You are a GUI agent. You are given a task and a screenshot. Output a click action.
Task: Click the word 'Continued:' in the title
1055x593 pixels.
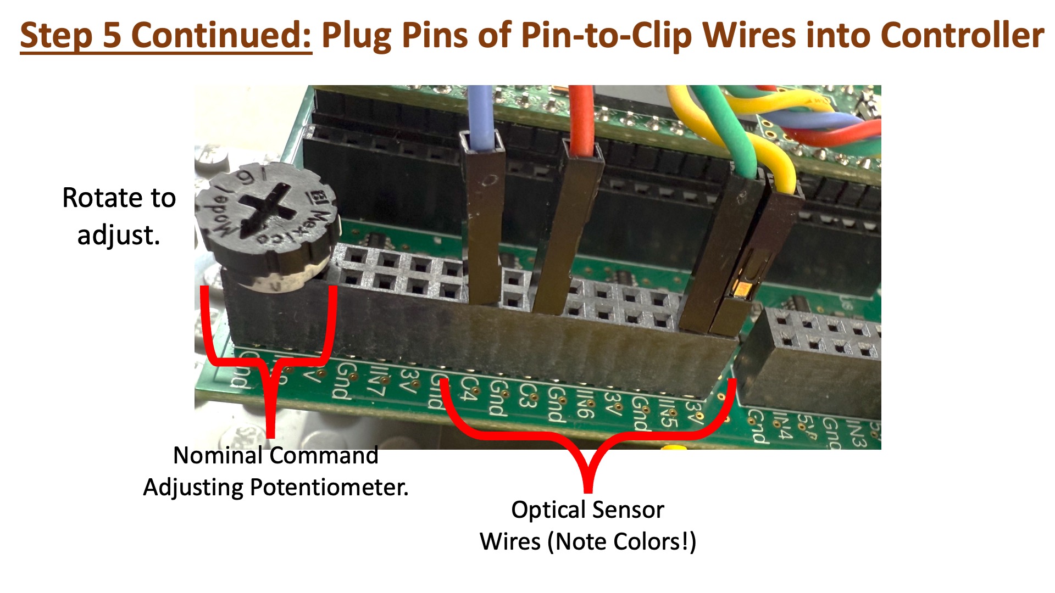coord(221,35)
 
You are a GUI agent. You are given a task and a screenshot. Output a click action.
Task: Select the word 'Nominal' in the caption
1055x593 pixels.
coord(218,455)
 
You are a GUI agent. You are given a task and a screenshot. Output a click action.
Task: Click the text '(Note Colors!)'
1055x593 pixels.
coord(621,541)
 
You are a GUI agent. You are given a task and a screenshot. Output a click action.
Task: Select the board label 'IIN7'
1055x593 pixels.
coord(376,382)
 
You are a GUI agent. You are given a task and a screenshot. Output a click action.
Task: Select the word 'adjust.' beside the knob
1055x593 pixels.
coord(119,235)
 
